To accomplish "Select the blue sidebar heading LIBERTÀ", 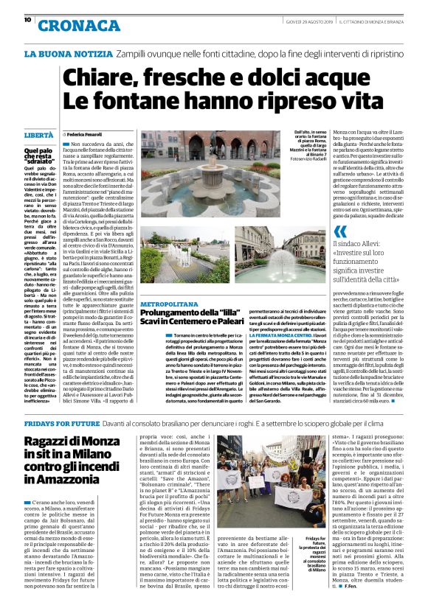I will point(39,136).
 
